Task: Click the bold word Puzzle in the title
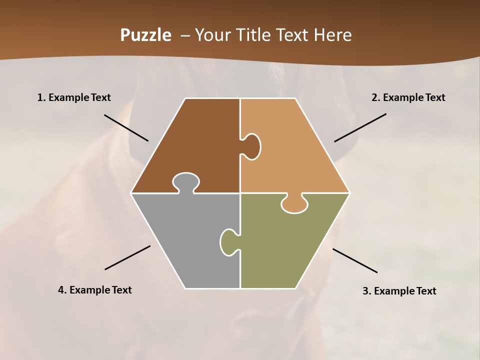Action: click(145, 35)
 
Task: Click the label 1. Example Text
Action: click(74, 98)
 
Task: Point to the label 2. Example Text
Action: click(408, 98)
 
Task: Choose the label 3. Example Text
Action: click(399, 291)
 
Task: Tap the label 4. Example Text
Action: click(95, 290)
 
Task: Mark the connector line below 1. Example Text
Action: click(126, 127)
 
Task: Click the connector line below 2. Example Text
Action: click(360, 127)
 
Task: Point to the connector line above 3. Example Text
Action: click(355, 260)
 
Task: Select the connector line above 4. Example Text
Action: click(127, 257)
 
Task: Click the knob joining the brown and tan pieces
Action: click(252, 146)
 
